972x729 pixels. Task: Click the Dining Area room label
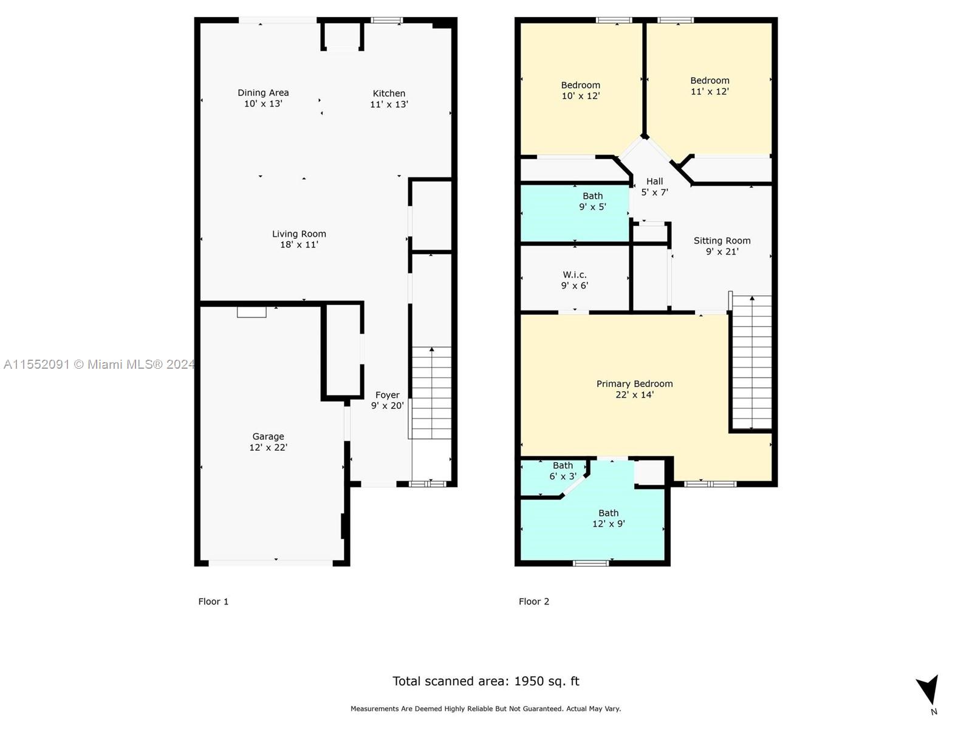(x=263, y=92)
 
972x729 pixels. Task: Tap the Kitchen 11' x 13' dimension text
(x=389, y=104)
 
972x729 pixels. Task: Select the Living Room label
(x=299, y=234)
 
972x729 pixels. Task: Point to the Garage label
(x=268, y=436)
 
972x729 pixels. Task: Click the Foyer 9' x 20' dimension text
(x=387, y=405)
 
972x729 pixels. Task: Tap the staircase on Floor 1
(x=432, y=393)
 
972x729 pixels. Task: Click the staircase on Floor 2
(x=752, y=362)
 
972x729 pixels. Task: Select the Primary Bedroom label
(x=634, y=384)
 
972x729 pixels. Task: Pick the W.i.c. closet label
(x=574, y=275)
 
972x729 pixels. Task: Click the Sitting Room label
(x=722, y=241)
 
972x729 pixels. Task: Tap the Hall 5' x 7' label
(x=654, y=187)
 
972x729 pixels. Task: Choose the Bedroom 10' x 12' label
(x=581, y=91)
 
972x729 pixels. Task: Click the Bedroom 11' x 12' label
(x=710, y=86)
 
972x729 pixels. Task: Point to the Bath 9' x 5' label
(x=592, y=202)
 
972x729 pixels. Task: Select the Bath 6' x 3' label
(x=563, y=471)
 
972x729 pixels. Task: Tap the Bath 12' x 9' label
(x=609, y=518)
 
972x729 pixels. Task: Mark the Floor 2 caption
(x=533, y=601)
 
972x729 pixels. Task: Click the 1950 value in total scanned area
(x=529, y=681)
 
